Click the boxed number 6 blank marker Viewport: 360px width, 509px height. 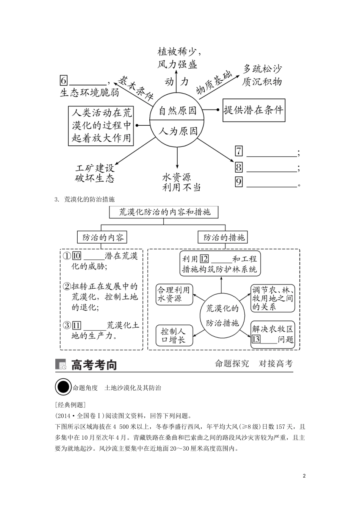coord(64,81)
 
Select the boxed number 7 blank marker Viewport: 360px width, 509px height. coord(239,151)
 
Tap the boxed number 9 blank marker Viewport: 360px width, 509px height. coord(239,182)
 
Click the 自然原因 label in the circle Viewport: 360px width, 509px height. coord(178,111)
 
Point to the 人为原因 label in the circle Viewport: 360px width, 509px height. coord(178,131)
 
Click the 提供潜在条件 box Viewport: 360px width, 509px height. coord(254,110)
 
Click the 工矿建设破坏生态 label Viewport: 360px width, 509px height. coord(95,173)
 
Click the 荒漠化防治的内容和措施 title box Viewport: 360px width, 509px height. coord(165,212)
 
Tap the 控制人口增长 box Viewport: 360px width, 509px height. coord(174,335)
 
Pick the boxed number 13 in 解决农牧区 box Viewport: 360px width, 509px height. coord(256,339)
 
